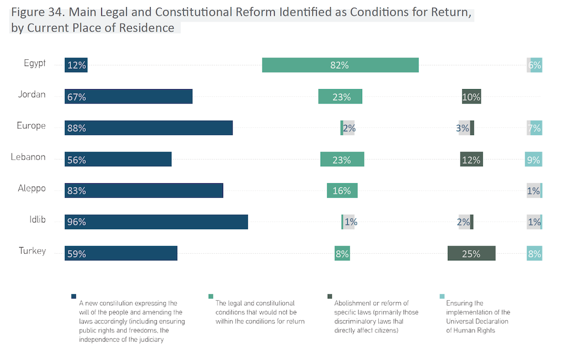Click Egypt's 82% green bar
point(340,65)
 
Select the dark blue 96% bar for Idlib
point(156,222)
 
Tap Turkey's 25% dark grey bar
point(471,254)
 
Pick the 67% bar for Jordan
point(128,96)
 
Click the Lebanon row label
point(28,157)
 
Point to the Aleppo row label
point(32,188)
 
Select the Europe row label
point(31,126)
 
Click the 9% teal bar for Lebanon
point(534,160)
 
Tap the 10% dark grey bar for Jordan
point(471,96)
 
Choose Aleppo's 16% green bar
point(342,191)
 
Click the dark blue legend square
point(74,296)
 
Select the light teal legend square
point(442,296)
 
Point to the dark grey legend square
point(329,296)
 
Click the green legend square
point(210,296)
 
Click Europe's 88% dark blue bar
point(148,128)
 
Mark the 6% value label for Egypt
point(535,65)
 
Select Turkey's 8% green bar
point(342,254)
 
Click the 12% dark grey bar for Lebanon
point(471,160)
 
